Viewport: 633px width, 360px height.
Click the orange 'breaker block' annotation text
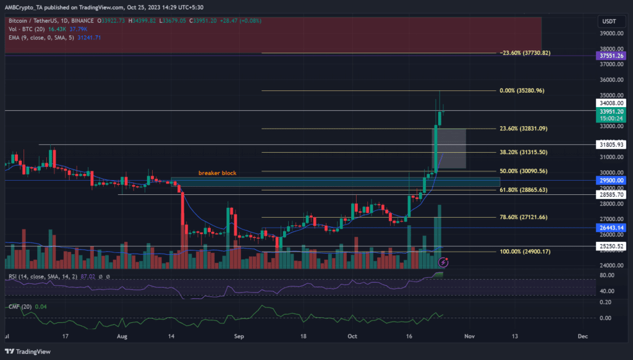pos(217,173)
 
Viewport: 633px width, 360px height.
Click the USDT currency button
pos(610,22)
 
